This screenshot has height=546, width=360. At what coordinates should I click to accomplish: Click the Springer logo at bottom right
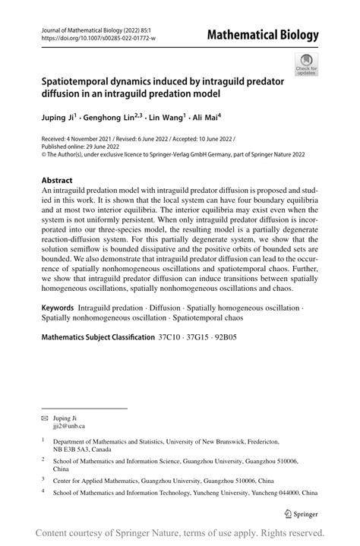click(299, 514)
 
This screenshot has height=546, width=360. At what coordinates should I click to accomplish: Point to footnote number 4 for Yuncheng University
click(43, 491)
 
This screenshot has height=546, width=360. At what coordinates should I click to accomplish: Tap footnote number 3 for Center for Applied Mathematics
click(43, 479)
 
